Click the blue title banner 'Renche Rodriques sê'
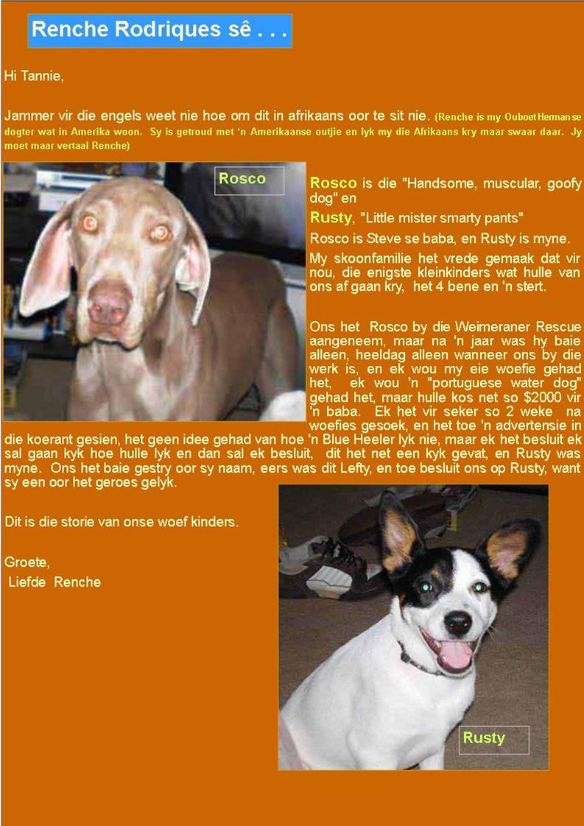(159, 30)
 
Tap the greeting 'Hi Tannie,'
(34, 75)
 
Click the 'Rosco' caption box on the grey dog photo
(249, 180)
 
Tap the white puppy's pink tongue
(457, 654)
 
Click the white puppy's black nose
(457, 623)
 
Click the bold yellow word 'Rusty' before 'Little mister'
(331, 218)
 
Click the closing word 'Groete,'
(27, 562)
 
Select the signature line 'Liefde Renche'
(55, 582)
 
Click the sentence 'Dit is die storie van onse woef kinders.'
(122, 522)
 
